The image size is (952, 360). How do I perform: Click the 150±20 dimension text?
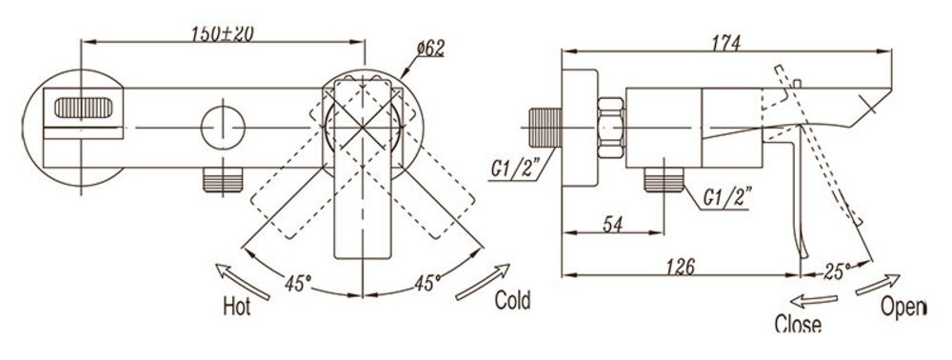click(222, 33)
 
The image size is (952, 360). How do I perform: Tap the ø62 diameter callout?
click(430, 49)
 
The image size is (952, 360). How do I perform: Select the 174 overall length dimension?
click(726, 43)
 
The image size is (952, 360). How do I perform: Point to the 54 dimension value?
click(613, 224)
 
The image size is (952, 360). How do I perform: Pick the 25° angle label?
click(837, 271)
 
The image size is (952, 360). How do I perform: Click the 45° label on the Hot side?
click(298, 282)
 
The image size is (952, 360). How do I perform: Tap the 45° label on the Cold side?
click(428, 282)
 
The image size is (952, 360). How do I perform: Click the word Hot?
click(237, 307)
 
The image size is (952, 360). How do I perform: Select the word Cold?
click(512, 300)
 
